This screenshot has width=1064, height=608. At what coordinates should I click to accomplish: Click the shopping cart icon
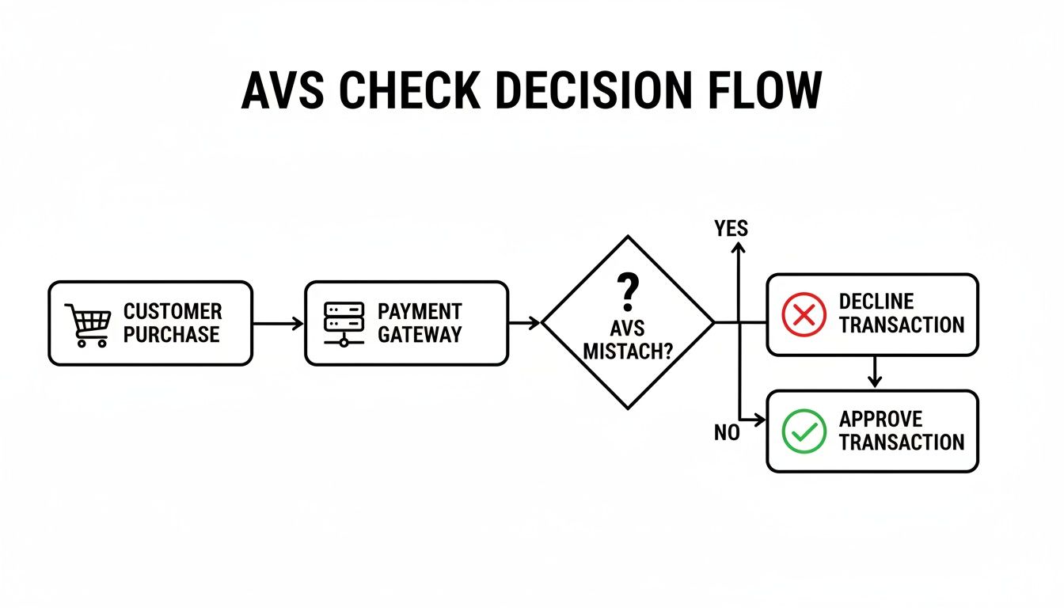[x=87, y=325]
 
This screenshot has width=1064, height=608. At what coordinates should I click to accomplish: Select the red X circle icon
[x=804, y=314]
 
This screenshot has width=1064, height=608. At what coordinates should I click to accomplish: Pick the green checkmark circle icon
[x=804, y=431]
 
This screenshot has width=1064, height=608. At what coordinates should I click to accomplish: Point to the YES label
[x=731, y=229]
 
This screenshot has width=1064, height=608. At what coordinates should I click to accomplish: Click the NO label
[x=727, y=433]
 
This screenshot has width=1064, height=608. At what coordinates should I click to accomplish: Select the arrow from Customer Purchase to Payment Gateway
[x=278, y=323]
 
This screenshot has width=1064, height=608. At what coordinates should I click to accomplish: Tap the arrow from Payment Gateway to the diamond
[x=524, y=323]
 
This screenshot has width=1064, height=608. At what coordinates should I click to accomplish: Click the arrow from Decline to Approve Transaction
[x=873, y=372]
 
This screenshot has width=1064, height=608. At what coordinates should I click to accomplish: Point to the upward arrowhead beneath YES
[x=739, y=249]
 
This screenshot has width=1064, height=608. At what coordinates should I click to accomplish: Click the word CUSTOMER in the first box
[x=173, y=311]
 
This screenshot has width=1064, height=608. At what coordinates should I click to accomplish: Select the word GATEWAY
[x=420, y=335]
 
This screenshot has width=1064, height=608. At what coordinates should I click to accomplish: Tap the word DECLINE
[x=876, y=302]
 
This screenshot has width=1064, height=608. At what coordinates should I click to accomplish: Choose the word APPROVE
[x=881, y=419]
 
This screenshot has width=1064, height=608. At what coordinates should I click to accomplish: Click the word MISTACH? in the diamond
[x=627, y=351]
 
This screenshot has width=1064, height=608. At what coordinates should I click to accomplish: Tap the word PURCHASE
[x=172, y=335]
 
